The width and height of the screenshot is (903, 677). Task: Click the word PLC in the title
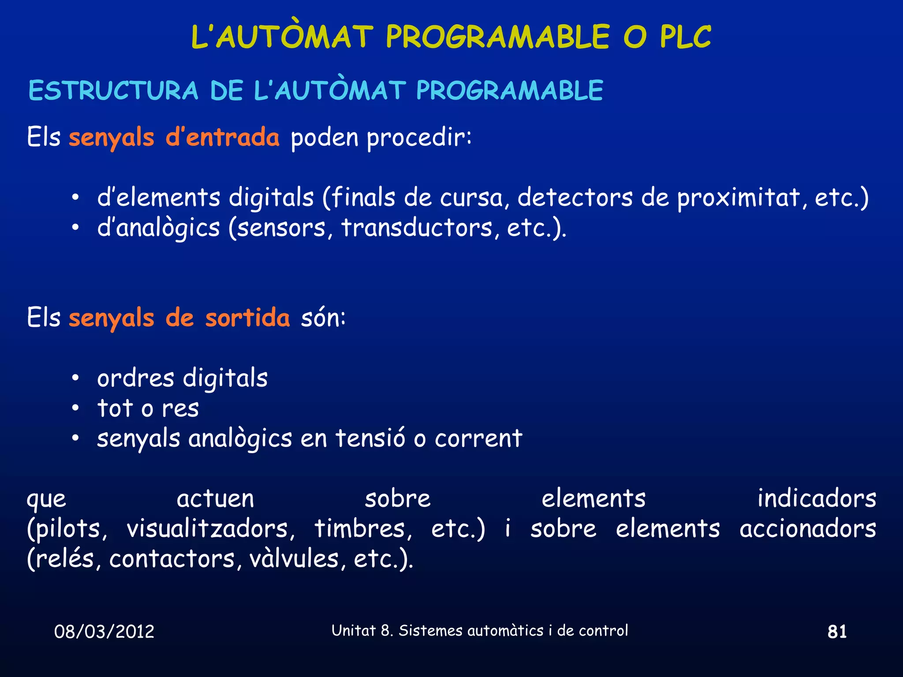685,37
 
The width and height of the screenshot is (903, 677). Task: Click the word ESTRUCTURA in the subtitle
113,91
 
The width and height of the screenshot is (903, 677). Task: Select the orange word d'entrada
223,137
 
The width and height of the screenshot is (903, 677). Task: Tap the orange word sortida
247,318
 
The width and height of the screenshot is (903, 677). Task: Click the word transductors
417,228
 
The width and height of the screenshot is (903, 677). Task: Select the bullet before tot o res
76,408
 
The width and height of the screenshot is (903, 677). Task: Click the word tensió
370,439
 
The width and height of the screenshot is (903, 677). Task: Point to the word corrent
478,439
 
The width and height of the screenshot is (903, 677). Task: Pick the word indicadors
817,498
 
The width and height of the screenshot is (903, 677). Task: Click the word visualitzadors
210,528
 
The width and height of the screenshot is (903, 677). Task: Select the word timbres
363,528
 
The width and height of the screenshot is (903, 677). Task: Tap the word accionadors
808,528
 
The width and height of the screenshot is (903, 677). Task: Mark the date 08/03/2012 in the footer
104,632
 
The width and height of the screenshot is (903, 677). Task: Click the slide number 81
837,632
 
